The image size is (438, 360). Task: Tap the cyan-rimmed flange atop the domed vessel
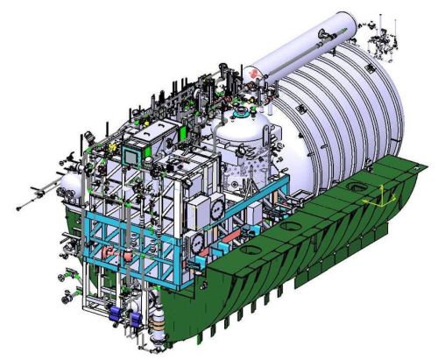click(241, 115)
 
